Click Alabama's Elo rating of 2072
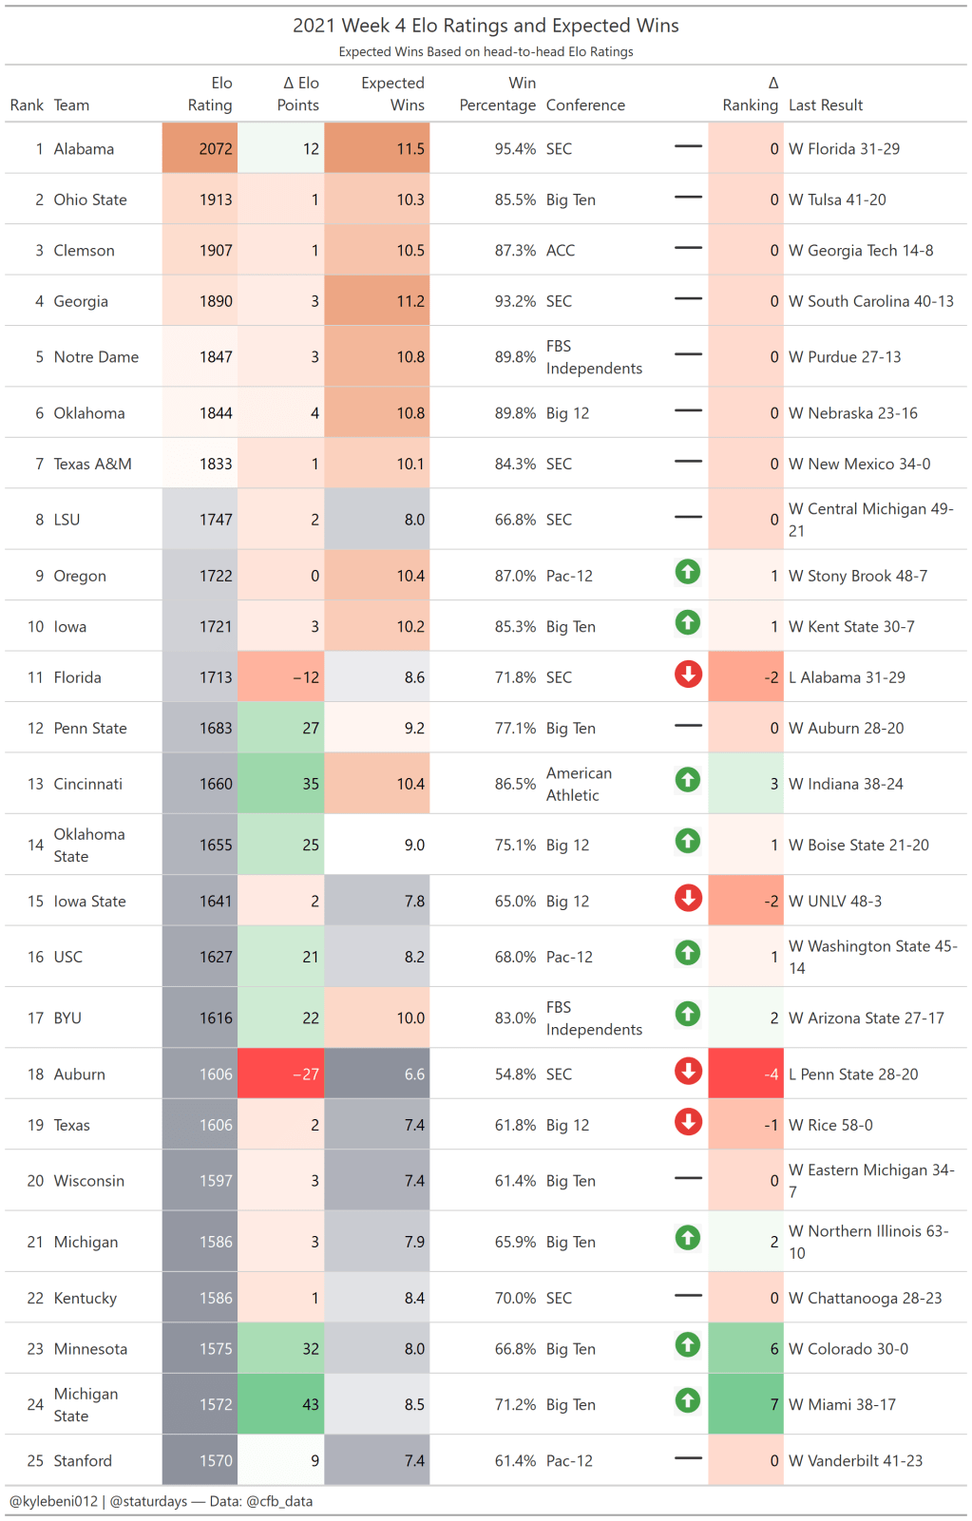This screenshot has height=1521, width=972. click(x=216, y=149)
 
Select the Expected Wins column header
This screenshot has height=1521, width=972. click(x=392, y=94)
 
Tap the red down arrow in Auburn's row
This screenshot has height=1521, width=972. click(x=688, y=1071)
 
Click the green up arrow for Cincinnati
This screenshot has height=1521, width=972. click(x=688, y=780)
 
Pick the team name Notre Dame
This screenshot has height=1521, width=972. click(x=96, y=357)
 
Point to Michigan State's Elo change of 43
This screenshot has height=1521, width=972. click(x=311, y=1404)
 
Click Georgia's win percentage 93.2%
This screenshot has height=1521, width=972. click(x=515, y=301)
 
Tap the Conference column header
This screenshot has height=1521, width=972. click(x=585, y=105)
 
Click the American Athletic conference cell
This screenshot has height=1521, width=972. click(x=579, y=784)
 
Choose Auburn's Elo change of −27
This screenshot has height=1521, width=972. click(x=305, y=1074)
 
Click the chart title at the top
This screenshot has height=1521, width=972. click(x=486, y=26)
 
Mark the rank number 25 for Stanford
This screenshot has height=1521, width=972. click(x=35, y=1461)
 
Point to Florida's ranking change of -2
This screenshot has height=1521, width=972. click(x=771, y=677)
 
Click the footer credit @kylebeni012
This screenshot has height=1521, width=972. click(x=53, y=1502)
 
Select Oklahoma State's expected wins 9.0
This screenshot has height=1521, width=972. click(x=414, y=845)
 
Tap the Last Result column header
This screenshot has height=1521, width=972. click(x=826, y=105)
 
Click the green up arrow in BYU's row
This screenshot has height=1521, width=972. click(x=688, y=1014)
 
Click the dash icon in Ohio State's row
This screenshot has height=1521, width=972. click(x=688, y=197)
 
